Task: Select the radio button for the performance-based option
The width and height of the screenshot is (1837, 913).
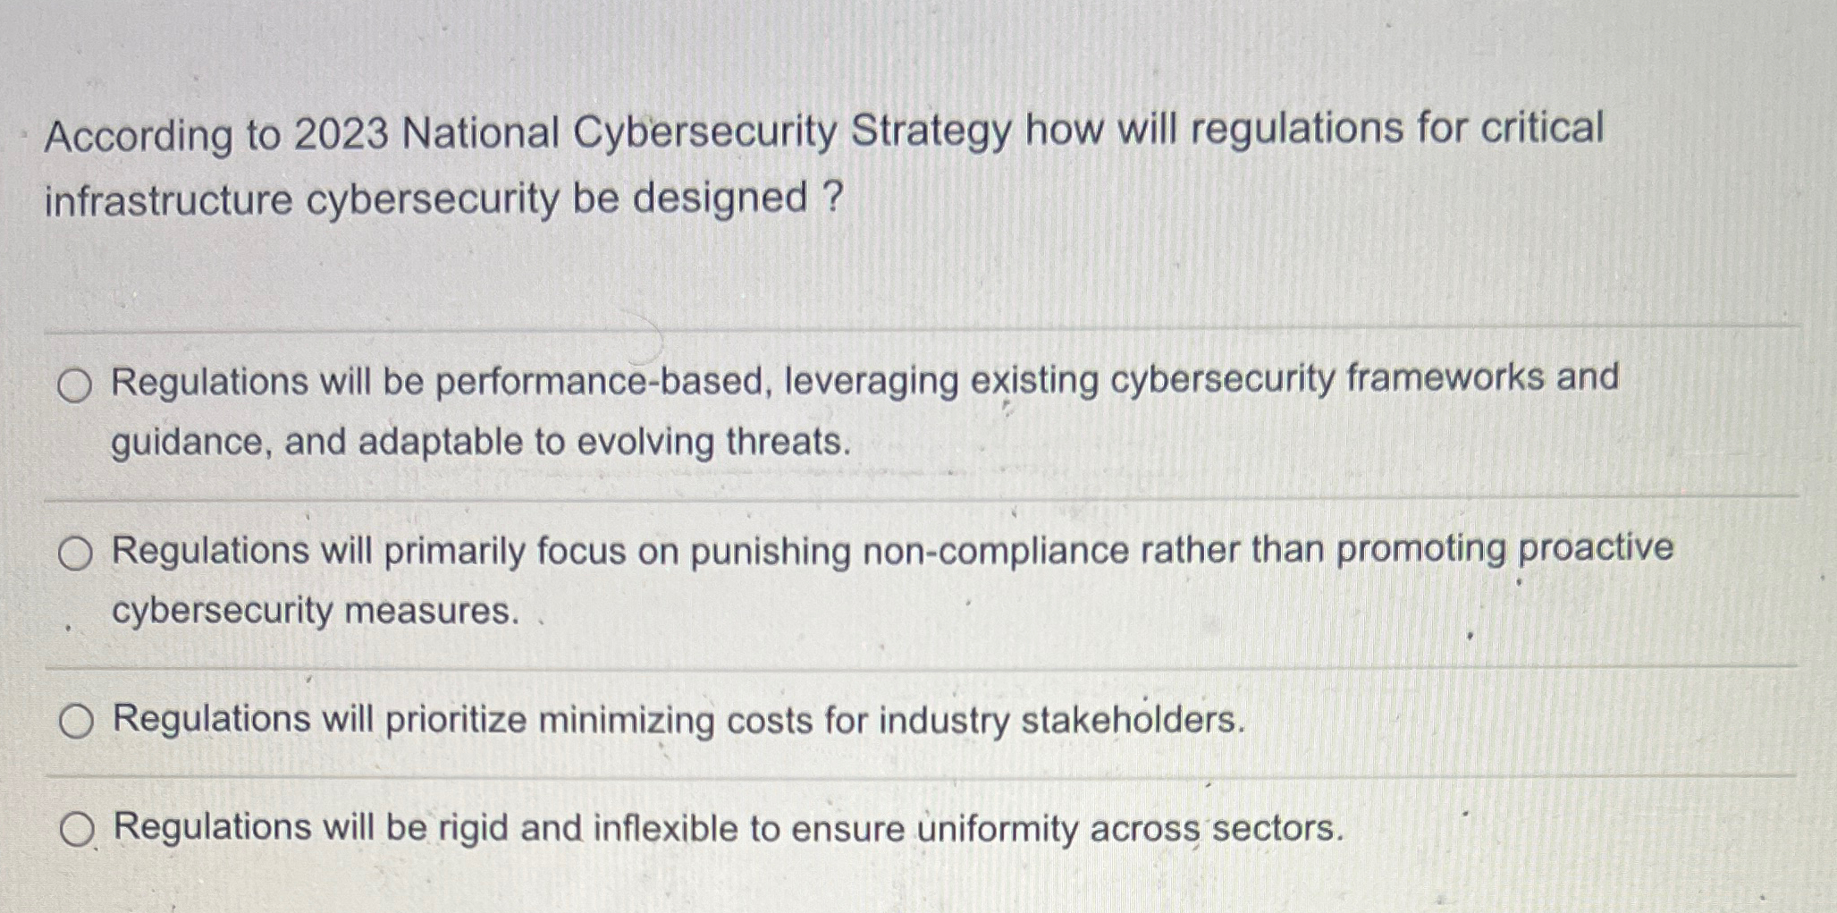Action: click(74, 385)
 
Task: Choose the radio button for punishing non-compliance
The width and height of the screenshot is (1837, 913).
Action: click(75, 554)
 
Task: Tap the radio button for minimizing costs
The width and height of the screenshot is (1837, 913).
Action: click(76, 721)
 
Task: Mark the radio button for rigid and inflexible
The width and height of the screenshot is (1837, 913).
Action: click(77, 830)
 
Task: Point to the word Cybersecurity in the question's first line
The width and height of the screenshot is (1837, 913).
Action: click(704, 132)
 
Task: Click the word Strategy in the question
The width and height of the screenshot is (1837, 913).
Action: click(931, 131)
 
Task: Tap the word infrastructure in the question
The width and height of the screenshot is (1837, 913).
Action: click(168, 199)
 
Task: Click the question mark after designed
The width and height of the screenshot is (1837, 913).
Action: click(830, 196)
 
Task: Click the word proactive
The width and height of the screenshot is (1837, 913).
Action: click(1596, 548)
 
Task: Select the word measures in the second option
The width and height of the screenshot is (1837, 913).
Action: click(431, 612)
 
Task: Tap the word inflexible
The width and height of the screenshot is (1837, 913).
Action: click(665, 828)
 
